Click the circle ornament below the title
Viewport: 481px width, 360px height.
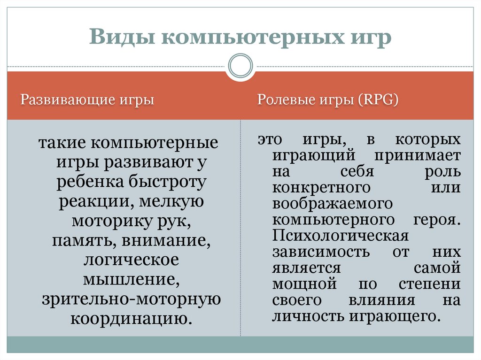[240, 65]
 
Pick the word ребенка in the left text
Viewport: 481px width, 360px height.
[90, 182]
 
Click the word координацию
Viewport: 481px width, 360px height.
[132, 319]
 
